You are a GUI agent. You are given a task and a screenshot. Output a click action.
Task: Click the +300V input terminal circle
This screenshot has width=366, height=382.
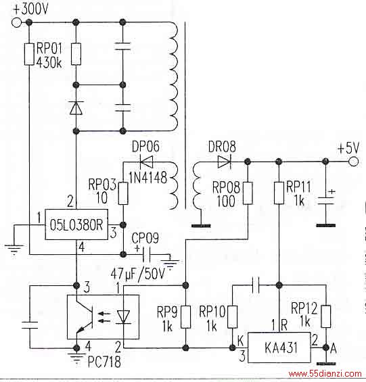point(16,22)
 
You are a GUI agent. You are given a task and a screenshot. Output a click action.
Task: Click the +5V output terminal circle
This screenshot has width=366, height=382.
point(353,162)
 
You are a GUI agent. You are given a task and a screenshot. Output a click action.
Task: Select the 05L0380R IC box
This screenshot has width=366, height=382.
point(76,224)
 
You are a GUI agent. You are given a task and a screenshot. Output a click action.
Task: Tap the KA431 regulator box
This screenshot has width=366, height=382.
point(279,348)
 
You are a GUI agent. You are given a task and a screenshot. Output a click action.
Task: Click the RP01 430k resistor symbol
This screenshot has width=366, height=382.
point(29,54)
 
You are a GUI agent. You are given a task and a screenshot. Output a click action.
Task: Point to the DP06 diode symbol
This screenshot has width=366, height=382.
point(146,162)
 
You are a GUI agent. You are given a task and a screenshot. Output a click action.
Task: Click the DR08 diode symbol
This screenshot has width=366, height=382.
point(225,162)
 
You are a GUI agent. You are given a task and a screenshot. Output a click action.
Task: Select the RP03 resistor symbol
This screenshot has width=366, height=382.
point(123,193)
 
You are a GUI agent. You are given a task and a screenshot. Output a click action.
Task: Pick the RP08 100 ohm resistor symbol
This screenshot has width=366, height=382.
point(248,193)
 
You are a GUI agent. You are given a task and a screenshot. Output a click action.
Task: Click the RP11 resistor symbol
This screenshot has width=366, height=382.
point(279,193)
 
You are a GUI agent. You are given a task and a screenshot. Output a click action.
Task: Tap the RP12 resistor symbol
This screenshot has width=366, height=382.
point(326,316)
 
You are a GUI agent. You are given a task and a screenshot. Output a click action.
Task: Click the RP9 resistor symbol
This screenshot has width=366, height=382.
point(185,317)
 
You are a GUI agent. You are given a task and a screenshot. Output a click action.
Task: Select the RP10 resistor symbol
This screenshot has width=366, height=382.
point(232,316)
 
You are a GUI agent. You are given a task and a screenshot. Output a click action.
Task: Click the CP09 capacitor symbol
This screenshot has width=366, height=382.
point(146,255)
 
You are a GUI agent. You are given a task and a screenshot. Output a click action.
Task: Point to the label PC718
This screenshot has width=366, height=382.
point(104,362)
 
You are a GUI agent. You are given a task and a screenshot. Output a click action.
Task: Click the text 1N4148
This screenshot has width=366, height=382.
point(147,177)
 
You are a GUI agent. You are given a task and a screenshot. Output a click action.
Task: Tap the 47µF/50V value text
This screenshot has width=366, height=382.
point(138,274)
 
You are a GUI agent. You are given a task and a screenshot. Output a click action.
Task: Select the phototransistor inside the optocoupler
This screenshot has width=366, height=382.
point(85,316)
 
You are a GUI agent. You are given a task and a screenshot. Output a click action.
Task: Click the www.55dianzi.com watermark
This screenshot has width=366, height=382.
point(325,373)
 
